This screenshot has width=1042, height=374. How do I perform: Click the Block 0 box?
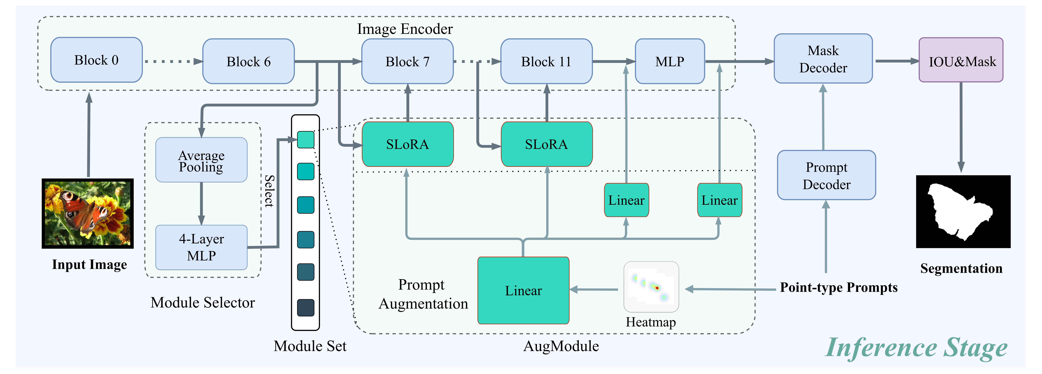(x=96, y=60)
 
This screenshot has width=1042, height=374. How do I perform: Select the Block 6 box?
(x=248, y=62)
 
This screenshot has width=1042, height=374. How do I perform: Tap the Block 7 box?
(x=407, y=62)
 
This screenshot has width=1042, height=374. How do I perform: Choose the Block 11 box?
(x=547, y=62)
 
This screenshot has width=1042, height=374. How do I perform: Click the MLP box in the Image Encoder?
(x=670, y=62)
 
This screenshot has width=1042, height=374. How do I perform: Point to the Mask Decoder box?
(x=823, y=59)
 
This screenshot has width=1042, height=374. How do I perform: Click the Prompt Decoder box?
(x=826, y=175)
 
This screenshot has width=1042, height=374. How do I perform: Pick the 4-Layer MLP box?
(x=201, y=247)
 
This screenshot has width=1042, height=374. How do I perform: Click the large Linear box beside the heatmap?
(x=523, y=291)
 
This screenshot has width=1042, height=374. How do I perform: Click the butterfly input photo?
(x=88, y=213)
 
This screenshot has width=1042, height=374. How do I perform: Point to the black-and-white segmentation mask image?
(x=963, y=212)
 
